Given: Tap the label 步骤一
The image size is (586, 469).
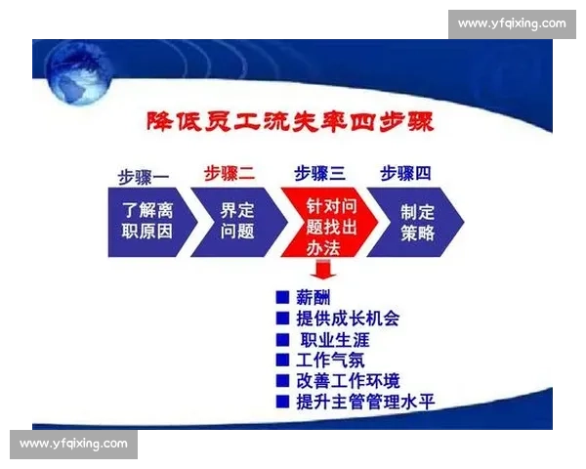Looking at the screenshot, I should click(144, 175).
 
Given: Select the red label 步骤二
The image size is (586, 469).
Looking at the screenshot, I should click(230, 174).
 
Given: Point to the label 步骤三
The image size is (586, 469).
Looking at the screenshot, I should click(319, 174).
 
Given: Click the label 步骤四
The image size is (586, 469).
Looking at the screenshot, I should click(405, 174).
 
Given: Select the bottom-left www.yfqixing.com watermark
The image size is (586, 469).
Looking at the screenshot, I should click(74, 445).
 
